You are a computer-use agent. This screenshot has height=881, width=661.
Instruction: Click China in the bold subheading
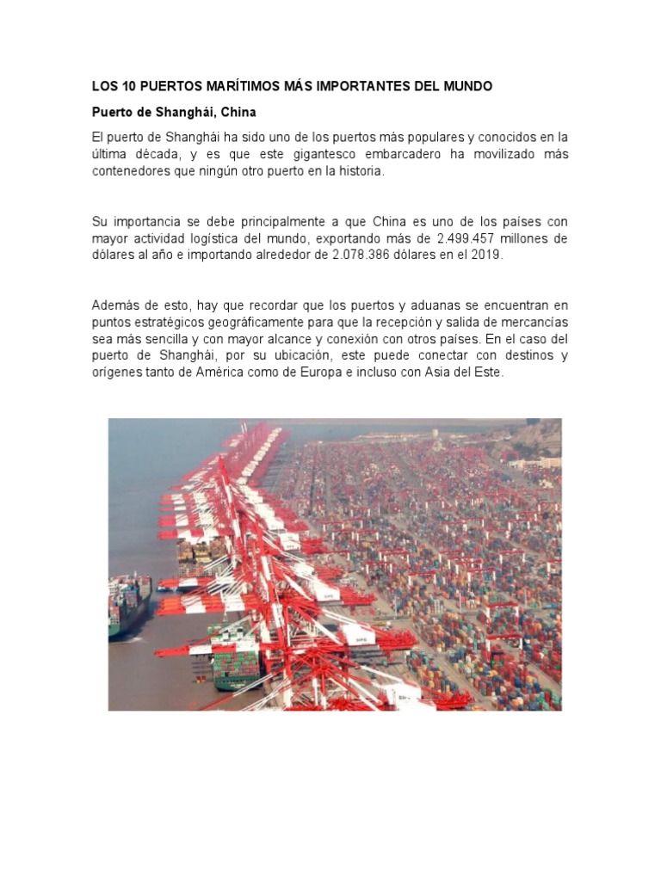coord(238,112)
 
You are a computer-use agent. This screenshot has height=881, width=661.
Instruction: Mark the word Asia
coord(455,372)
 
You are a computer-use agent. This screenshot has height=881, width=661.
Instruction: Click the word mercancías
coord(530,322)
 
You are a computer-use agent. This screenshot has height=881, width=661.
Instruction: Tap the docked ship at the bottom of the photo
coord(235,658)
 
